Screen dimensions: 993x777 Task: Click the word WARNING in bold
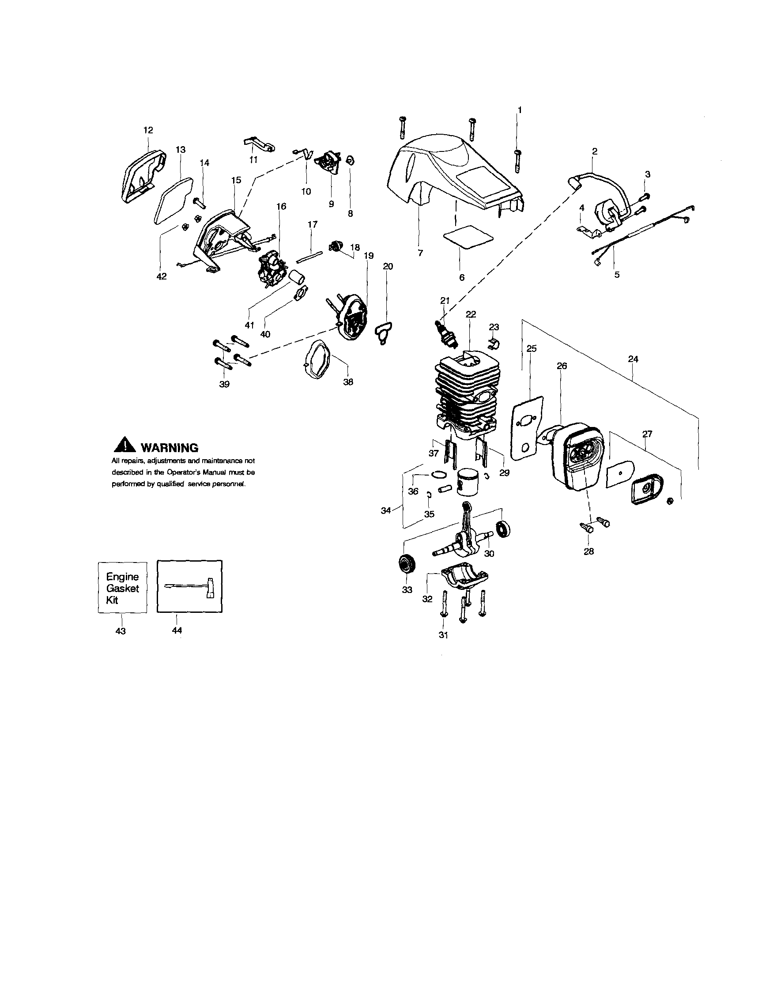tap(169, 448)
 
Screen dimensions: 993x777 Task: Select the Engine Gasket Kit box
tap(122, 588)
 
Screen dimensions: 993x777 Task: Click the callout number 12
tap(148, 130)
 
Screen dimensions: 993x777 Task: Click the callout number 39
tap(224, 384)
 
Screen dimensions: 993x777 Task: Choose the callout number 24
tap(633, 359)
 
